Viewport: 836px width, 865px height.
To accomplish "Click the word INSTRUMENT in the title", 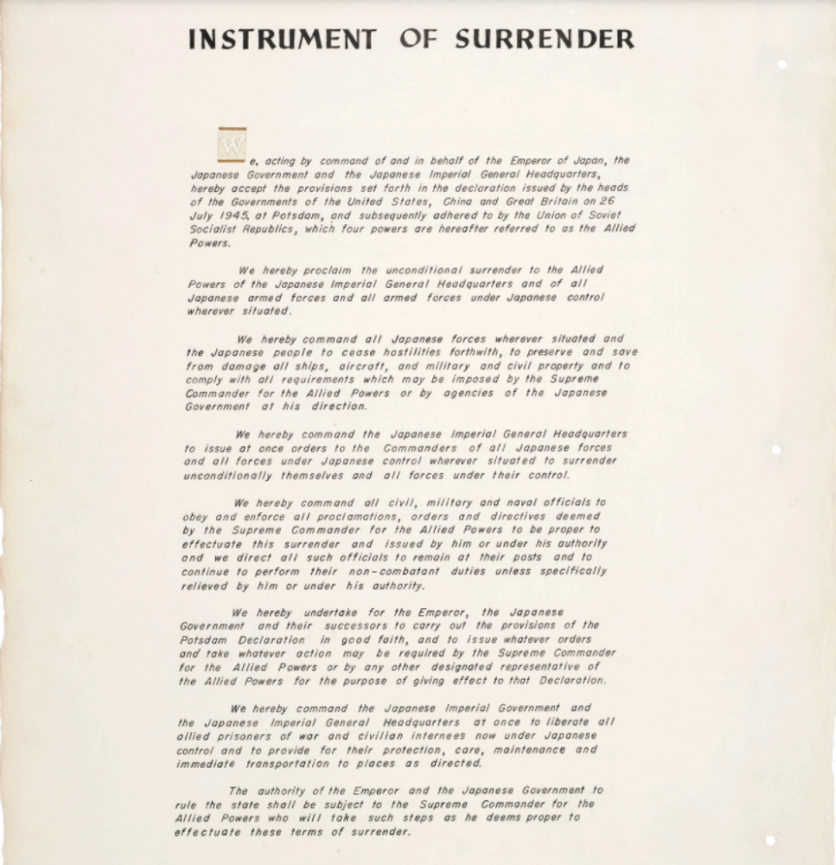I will [282, 40].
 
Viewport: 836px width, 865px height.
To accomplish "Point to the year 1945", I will [233, 215].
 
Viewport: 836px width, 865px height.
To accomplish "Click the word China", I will [461, 202].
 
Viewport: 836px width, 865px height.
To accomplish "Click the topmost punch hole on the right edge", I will [782, 65].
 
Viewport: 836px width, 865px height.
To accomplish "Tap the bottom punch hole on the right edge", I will [770, 840].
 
